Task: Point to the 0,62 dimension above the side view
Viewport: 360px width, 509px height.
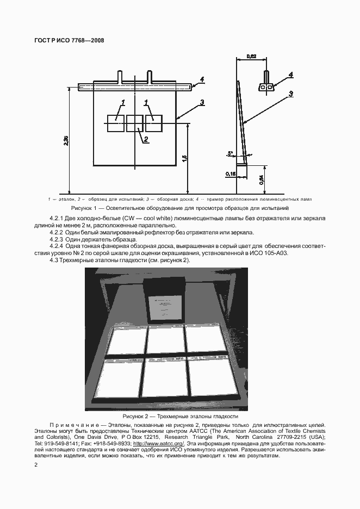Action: pyautogui.click(x=251, y=56)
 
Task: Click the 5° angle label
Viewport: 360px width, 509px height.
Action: pyautogui.click(x=230, y=153)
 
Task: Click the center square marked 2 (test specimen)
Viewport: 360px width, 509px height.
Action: pyautogui.click(x=134, y=123)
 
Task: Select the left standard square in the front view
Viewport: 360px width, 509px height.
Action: pyautogui.click(x=116, y=123)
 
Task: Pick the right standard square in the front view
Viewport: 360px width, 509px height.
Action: pyautogui.click(x=153, y=123)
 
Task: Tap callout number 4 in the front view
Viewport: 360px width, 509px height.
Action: pyautogui.click(x=201, y=79)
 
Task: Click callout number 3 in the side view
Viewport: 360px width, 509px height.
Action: pyautogui.click(x=291, y=94)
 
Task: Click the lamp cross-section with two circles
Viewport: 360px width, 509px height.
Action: pyautogui.click(x=266, y=86)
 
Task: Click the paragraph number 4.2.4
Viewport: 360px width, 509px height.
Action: pyautogui.click(x=57, y=246)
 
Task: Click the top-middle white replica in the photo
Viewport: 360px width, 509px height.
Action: pyautogui.click(x=165, y=340)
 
